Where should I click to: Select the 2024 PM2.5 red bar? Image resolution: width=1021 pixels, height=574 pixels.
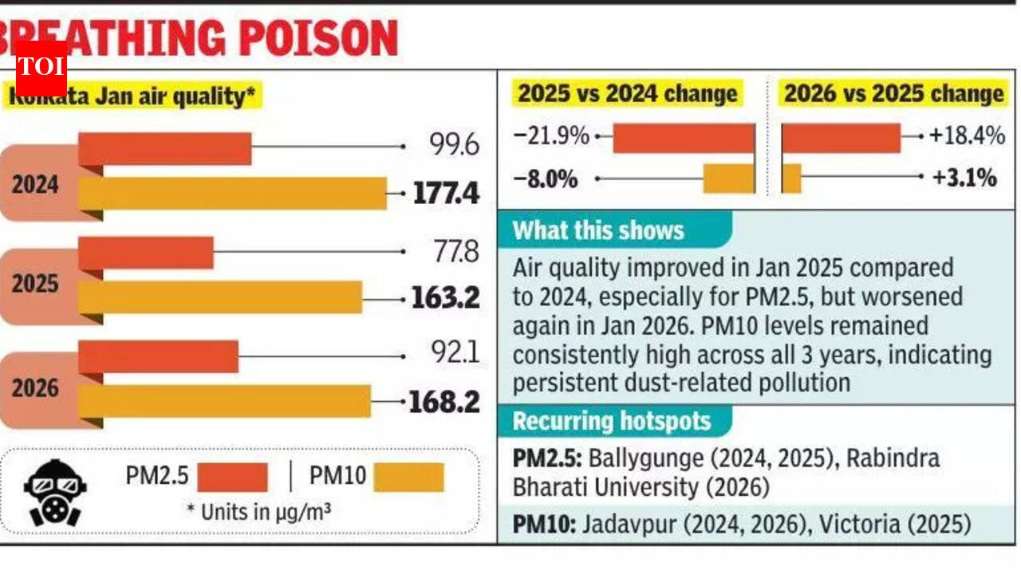click(x=165, y=148)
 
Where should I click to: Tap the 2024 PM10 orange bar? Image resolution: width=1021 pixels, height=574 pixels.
click(x=232, y=194)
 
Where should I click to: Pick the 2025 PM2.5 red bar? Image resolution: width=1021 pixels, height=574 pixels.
click(x=146, y=252)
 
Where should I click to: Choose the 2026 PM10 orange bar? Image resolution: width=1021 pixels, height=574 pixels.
click(x=224, y=401)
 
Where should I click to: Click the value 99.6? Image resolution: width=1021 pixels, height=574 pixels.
click(x=453, y=146)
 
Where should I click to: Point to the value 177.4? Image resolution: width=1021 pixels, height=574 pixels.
click(x=446, y=194)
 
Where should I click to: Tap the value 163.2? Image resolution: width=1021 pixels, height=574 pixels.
click(x=445, y=298)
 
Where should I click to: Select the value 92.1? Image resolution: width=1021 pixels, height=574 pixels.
click(x=453, y=352)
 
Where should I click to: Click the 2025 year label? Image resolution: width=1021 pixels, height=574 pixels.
click(x=35, y=284)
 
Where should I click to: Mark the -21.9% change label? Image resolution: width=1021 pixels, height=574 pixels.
click(x=551, y=136)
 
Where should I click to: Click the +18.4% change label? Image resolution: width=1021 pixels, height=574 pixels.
click(x=966, y=136)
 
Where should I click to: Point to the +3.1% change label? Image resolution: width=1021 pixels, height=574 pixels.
click(x=964, y=178)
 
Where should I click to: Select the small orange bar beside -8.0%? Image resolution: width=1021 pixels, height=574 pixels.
click(x=727, y=179)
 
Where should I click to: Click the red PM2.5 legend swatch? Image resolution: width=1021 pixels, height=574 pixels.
click(x=232, y=478)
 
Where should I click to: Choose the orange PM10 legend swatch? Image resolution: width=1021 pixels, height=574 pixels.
click(x=408, y=478)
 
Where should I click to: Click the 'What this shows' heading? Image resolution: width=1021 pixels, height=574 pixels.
click(x=598, y=230)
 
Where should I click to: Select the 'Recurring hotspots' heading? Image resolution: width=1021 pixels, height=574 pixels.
click(x=611, y=420)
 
